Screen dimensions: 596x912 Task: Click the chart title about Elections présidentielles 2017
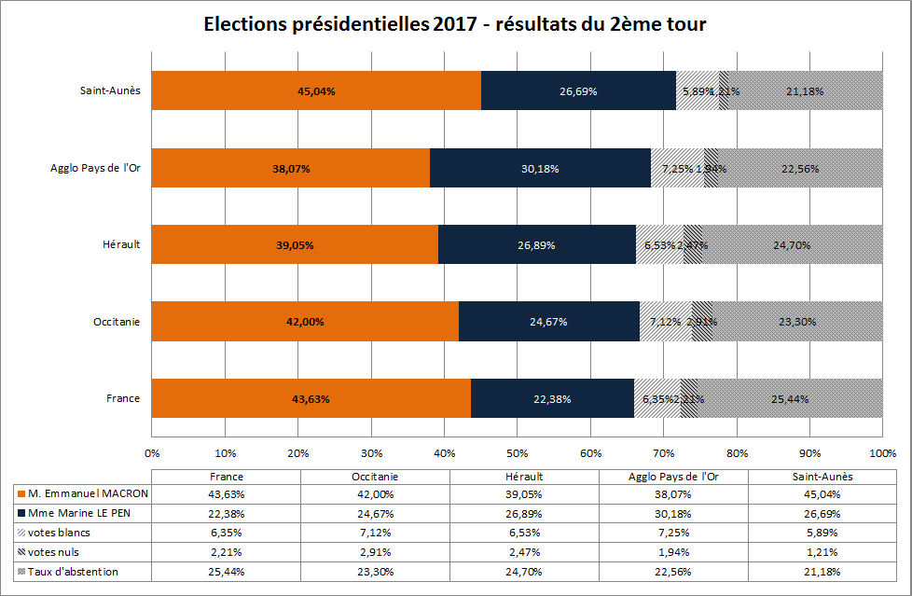[455, 25]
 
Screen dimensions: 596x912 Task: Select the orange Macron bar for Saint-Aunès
[316, 90]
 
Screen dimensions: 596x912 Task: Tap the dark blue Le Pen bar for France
[552, 398]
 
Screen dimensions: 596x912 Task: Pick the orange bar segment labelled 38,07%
[290, 168]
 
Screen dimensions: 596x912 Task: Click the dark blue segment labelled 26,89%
[536, 244]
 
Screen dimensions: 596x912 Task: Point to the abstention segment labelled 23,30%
[798, 322]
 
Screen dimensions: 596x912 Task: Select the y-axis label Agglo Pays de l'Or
[95, 169]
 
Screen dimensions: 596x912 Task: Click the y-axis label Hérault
[121, 245]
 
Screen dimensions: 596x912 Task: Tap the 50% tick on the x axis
[517, 454]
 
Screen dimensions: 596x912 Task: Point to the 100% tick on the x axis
[881, 454]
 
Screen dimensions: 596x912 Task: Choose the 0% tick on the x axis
[152, 454]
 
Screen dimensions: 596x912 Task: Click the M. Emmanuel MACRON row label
[88, 492]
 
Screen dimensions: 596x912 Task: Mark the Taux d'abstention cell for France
[226, 572]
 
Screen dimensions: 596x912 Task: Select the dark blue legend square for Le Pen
[21, 513]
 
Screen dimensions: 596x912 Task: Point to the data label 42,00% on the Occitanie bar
[305, 322]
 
